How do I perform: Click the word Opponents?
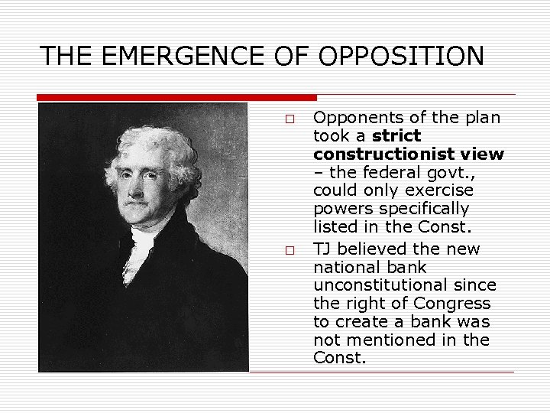click(x=356, y=118)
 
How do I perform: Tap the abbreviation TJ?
click(x=324, y=249)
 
